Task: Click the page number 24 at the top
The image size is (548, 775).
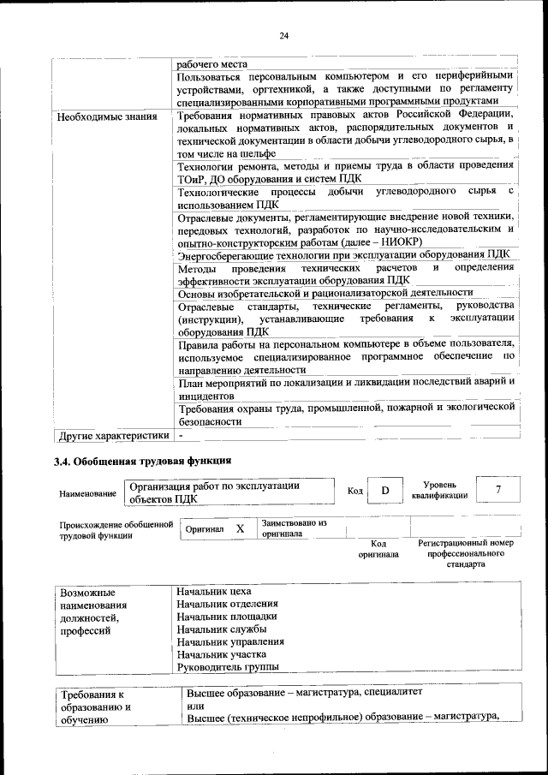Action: (283, 35)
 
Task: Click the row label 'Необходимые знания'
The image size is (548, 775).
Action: (107, 116)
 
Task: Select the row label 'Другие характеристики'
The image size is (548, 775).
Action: (112, 436)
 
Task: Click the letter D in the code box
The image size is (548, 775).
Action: (385, 491)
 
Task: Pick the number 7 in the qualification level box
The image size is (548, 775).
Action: (498, 490)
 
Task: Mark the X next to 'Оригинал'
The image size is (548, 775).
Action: (241, 529)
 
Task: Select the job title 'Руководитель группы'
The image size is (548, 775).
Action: (228, 667)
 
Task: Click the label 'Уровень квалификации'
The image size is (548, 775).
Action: (439, 490)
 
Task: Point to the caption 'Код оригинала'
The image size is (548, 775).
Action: (378, 549)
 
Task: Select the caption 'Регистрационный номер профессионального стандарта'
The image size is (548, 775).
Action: (465, 554)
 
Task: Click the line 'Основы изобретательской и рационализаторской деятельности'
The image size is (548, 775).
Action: (325, 293)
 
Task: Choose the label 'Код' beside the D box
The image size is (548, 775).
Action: (356, 491)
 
